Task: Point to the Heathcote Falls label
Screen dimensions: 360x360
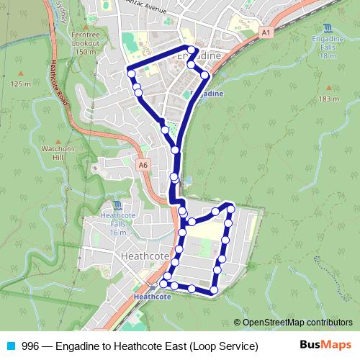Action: tap(119, 222)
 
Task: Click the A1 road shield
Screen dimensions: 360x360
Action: tap(266, 32)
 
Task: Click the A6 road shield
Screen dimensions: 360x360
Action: tap(143, 165)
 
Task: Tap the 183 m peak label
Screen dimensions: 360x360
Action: tap(328, 99)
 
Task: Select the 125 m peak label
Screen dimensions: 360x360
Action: tap(20, 84)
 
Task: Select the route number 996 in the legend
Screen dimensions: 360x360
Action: tap(30, 346)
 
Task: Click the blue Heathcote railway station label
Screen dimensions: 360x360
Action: tap(153, 295)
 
